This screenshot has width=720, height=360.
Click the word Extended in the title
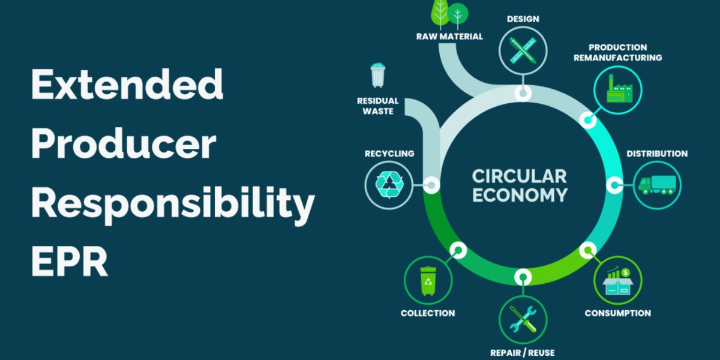pos(127,85)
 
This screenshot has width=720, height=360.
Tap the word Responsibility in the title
pos(173,204)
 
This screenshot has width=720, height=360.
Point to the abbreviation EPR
pos(70,261)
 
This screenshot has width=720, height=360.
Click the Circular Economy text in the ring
pos(519,185)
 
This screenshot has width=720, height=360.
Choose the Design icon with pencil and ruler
pos(523,52)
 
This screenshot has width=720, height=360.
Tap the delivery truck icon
pos(657,184)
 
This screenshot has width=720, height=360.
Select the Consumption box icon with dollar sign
pos(617,280)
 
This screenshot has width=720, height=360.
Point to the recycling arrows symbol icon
pos(390,184)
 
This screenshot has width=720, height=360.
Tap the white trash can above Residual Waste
pos(377,76)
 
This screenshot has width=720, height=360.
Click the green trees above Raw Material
pos(449,13)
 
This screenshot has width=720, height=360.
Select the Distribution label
pos(657,154)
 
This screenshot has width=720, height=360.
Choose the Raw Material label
pos(449,36)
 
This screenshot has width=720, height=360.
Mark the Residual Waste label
pos(378,106)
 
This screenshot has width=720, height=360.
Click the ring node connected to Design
pos(523,94)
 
